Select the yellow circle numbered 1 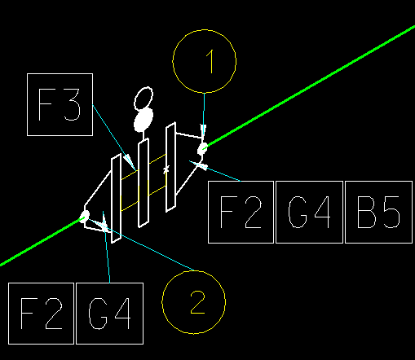173,61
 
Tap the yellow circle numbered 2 162,302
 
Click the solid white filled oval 143,120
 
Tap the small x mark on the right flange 166,169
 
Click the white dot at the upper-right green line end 202,149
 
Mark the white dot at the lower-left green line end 85,216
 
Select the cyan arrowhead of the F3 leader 130,162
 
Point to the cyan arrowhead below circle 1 203,130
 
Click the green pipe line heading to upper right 310,87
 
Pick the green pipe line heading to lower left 42,241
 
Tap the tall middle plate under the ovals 143,182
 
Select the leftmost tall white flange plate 117,198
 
